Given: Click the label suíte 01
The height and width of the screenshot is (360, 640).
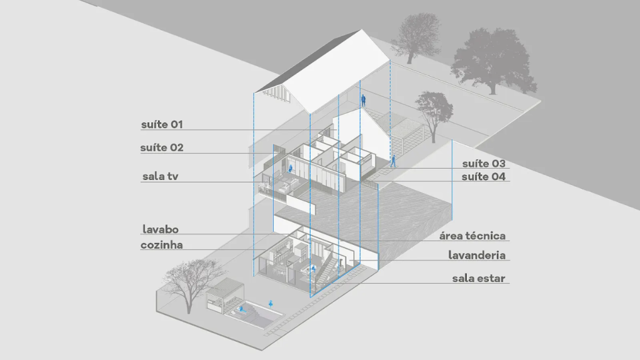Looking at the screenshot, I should (x=162, y=124).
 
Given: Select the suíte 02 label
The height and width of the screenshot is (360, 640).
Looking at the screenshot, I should (x=162, y=148).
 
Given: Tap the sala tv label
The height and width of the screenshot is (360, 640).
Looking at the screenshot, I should (x=161, y=177).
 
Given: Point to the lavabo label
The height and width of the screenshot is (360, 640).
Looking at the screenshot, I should (x=160, y=230).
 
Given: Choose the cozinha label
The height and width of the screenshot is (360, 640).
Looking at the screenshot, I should (x=162, y=246).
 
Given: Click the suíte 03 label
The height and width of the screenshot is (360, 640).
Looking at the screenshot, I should (x=484, y=164).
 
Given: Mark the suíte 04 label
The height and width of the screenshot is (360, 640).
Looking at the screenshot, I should (x=484, y=177).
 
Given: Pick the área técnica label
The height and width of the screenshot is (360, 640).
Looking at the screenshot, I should (x=472, y=236).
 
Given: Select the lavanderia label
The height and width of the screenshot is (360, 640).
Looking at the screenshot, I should (x=477, y=255).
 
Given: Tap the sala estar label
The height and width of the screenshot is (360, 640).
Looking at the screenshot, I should (x=479, y=278).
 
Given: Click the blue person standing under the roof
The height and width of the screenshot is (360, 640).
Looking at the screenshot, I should (x=362, y=99).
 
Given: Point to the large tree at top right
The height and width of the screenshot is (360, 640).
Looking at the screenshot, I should (x=494, y=59).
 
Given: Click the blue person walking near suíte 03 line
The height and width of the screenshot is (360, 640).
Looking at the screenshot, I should (x=394, y=161).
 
